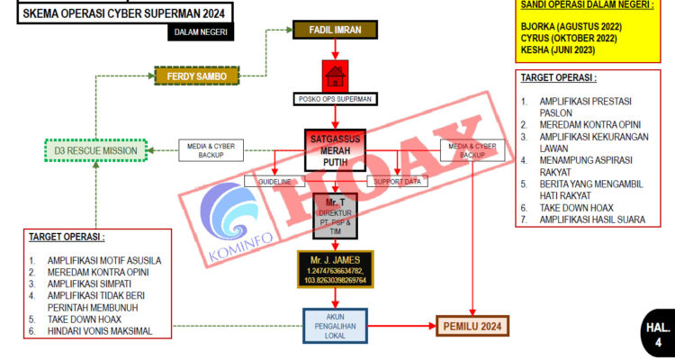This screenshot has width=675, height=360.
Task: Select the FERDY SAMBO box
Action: coord(196,76)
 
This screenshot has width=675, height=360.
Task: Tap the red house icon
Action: coord(335,75)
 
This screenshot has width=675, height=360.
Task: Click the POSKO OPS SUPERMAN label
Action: coord(335,98)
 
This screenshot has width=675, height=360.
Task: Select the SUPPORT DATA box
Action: coord(398,182)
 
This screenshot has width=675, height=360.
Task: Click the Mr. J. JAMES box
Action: coord(335,270)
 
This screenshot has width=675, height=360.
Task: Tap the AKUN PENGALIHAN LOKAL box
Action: coord(335,326)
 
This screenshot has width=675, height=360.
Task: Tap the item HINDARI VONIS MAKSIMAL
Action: coord(101,331)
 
